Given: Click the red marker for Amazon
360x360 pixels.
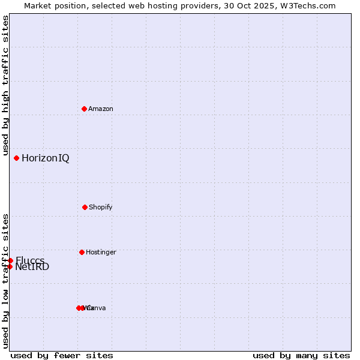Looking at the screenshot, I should [84, 109].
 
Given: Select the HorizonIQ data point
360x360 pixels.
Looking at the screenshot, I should [16, 158].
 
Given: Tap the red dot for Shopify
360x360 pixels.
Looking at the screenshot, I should [85, 207].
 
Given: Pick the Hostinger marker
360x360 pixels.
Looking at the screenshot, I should [82, 252].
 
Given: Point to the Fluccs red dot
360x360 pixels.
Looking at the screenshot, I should [10, 260].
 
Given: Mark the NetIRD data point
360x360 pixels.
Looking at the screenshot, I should [10, 266].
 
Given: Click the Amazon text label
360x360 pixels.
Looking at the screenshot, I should [101, 109].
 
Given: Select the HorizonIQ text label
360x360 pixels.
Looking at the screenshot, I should [45, 158].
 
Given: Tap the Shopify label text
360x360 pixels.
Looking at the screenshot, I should [101, 207].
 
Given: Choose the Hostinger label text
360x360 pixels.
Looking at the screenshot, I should [101, 252].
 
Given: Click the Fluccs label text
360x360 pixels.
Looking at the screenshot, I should [30, 260].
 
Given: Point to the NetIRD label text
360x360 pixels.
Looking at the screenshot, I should [32, 267].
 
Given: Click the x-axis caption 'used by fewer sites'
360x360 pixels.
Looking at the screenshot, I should [62, 355].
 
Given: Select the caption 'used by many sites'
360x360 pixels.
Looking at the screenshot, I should [301, 355].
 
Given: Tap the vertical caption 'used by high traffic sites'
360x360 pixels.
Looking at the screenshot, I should [5, 86].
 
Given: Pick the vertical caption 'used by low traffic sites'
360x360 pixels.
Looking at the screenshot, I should [5, 281].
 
